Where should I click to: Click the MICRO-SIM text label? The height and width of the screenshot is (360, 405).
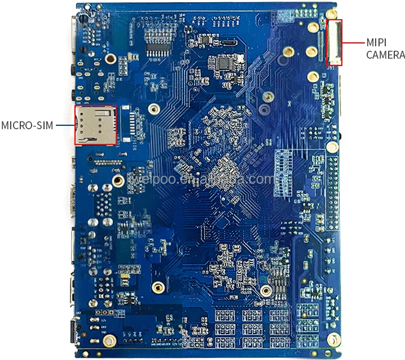click(x=27, y=125)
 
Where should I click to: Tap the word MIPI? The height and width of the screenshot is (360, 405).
click(x=376, y=42)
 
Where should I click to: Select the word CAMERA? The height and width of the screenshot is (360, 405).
click(x=385, y=55)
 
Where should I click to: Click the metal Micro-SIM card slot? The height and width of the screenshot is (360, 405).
click(x=95, y=125)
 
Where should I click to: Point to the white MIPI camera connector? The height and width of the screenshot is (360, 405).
click(x=334, y=42)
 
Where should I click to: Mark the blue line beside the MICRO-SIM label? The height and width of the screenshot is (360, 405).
click(x=65, y=125)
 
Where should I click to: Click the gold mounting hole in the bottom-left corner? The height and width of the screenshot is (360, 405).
click(x=111, y=340)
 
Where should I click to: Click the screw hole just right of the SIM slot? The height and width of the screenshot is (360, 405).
click(x=152, y=109)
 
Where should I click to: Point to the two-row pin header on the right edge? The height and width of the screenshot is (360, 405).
click(x=334, y=191)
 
